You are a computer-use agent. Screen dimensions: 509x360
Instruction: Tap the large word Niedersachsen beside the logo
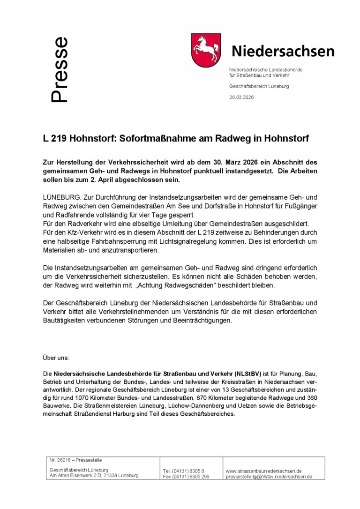(x=283, y=51)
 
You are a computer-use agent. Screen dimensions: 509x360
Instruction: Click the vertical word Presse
(x=60, y=70)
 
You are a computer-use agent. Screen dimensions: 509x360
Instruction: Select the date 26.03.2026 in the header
(x=241, y=97)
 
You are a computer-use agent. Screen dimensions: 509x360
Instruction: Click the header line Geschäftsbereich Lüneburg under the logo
(x=259, y=86)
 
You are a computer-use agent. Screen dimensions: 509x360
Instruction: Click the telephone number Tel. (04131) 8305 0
(x=184, y=471)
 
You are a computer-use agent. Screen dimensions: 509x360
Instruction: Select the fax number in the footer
(x=186, y=477)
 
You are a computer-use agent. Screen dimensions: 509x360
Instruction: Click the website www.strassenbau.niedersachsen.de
(x=263, y=471)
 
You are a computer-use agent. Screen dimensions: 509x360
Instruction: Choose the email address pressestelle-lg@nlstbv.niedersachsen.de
(x=269, y=477)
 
